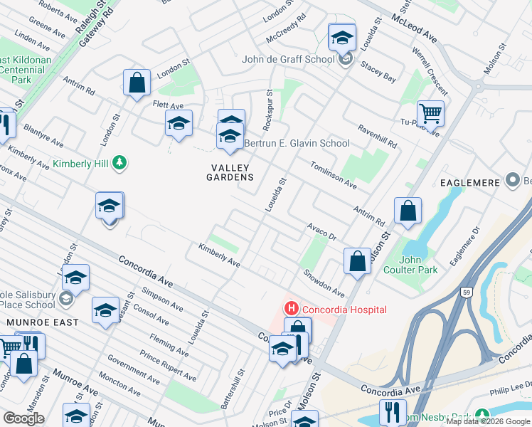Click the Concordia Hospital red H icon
tap(290, 309)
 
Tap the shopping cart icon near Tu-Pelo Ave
tap(430, 112)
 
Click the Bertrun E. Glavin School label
tap(297, 143)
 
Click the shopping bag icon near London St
tap(137, 82)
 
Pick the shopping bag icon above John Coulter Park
tap(408, 211)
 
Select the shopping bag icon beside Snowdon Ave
tap(357, 260)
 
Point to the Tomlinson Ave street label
tap(333, 175)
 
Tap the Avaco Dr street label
tap(321, 231)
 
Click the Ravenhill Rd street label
tap(377, 137)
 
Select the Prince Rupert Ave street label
tap(168, 367)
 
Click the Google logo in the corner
tap(23, 418)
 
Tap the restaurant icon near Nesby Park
tap(392, 411)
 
